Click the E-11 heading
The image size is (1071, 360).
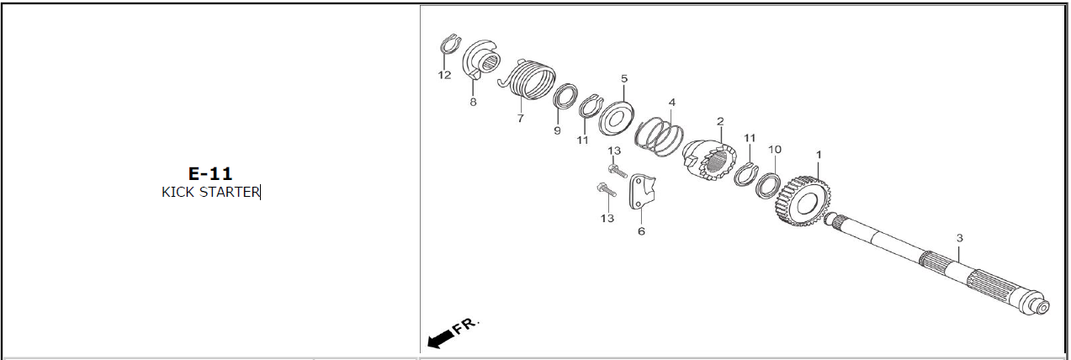pyautogui.click(x=210, y=173)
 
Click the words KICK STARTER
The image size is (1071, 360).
pyautogui.click(x=210, y=192)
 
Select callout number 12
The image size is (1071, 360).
pyautogui.click(x=444, y=75)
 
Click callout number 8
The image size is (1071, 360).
pyautogui.click(x=473, y=102)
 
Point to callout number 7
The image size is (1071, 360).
pyautogui.click(x=520, y=118)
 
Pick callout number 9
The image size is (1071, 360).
pyautogui.click(x=557, y=130)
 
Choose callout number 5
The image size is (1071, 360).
pyautogui.click(x=624, y=78)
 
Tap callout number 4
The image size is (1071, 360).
pyautogui.click(x=671, y=103)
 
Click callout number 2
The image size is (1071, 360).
pyautogui.click(x=720, y=121)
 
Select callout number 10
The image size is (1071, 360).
pyautogui.click(x=775, y=150)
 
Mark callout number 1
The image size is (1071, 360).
pyautogui.click(x=819, y=155)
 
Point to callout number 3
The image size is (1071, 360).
pyautogui.click(x=959, y=237)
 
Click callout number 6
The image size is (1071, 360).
pyautogui.click(x=641, y=231)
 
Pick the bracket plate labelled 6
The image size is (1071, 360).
pyautogui.click(x=642, y=192)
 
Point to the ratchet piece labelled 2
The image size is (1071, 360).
pyautogui.click(x=708, y=159)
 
